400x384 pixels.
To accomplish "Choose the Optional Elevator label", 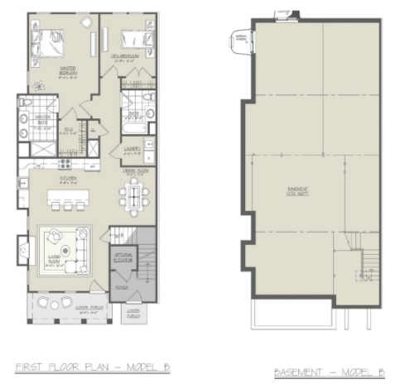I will tap(125, 257).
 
